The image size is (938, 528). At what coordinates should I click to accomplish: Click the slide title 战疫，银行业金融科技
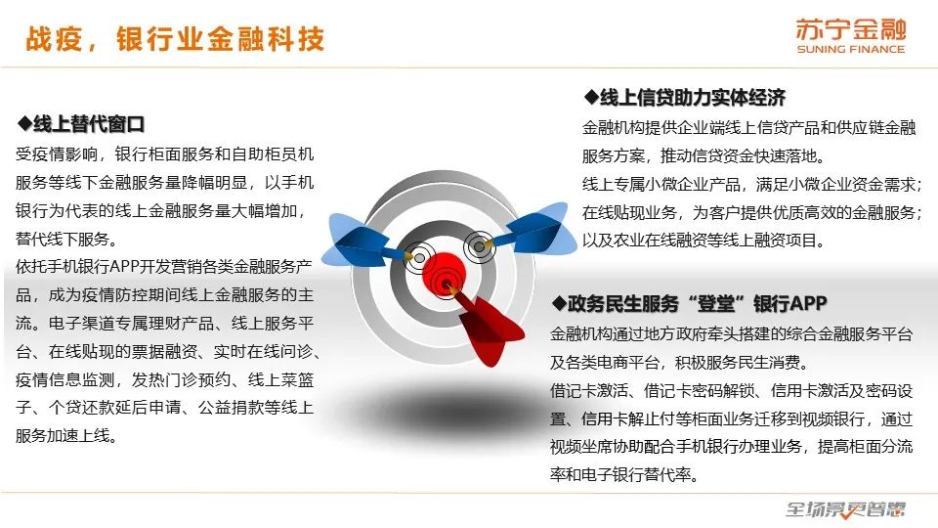tap(175, 39)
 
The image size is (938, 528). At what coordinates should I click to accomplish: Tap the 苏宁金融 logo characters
tap(851, 29)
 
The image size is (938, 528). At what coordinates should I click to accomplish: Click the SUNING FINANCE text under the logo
tap(851, 49)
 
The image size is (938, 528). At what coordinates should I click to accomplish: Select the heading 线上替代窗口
tap(89, 124)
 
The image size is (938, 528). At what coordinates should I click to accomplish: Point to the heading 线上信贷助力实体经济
tap(693, 97)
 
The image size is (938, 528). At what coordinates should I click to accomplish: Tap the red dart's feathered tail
tap(491, 330)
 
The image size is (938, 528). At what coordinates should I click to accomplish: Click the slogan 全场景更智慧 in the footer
tap(844, 509)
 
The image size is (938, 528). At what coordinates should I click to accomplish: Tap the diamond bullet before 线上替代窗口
tap(24, 124)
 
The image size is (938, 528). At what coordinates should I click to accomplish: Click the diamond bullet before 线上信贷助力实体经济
tap(591, 97)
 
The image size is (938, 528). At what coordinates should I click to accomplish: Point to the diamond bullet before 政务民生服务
tap(558, 303)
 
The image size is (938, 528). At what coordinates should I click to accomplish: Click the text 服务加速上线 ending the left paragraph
tap(65, 436)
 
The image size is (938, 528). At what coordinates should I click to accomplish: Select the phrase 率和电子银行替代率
tap(624, 475)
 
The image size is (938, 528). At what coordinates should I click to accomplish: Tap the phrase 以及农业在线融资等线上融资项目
tap(703, 241)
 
